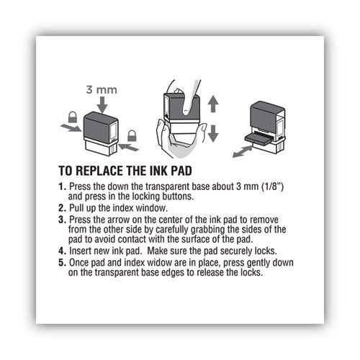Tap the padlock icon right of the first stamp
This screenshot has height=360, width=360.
[132, 135]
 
